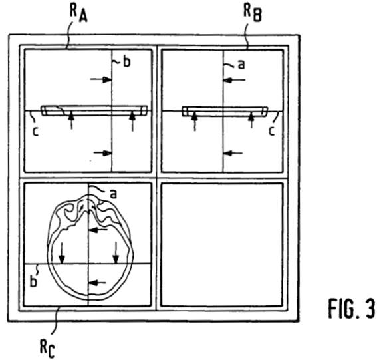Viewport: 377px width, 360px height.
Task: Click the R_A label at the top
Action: pyautogui.click(x=78, y=13)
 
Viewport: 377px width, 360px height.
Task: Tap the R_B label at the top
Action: pyautogui.click(x=253, y=13)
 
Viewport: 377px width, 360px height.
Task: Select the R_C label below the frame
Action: pyautogui.click(x=47, y=349)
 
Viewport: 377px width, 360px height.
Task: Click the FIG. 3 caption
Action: pyautogui.click(x=351, y=309)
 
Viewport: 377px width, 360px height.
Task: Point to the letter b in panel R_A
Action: pyautogui.click(x=127, y=61)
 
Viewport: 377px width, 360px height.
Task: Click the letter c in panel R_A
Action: pyautogui.click(x=36, y=132)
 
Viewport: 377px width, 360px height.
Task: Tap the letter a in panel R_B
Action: pyautogui.click(x=241, y=65)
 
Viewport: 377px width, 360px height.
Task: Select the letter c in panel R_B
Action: pyautogui.click(x=272, y=131)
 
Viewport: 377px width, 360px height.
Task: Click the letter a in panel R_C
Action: pyautogui.click(x=113, y=194)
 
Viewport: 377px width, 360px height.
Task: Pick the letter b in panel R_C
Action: pyautogui.click(x=33, y=281)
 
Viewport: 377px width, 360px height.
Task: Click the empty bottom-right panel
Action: pyautogui.click(x=221, y=245)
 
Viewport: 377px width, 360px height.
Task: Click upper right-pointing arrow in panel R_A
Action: pyautogui.click(x=101, y=79)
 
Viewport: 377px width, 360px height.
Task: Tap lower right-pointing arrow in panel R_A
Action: pyautogui.click(x=102, y=152)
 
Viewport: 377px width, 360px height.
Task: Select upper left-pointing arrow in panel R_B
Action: pyautogui.click(x=234, y=80)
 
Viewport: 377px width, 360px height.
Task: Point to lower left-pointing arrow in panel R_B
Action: pyautogui.click(x=233, y=152)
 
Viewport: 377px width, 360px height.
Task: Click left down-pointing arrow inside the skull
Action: pyautogui.click(x=62, y=253)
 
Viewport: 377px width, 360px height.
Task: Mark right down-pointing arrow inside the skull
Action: pyautogui.click(x=116, y=252)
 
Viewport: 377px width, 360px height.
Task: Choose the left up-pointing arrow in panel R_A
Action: pyautogui.click(x=71, y=121)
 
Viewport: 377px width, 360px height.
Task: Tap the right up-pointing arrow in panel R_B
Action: pyautogui.click(x=251, y=120)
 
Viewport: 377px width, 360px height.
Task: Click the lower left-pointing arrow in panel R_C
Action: pyautogui.click(x=97, y=283)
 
